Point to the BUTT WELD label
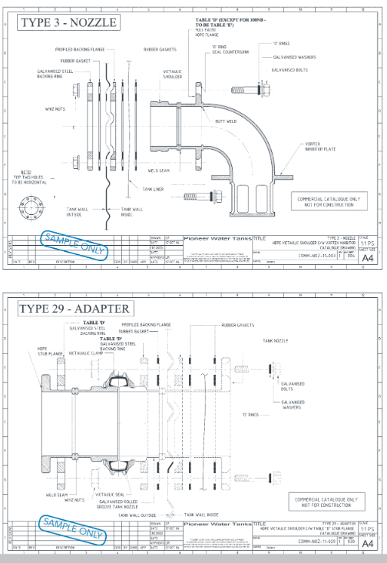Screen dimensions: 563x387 225,121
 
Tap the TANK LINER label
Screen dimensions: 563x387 153,188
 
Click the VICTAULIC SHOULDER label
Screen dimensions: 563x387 172,73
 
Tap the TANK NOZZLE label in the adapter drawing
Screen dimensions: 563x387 277,339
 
